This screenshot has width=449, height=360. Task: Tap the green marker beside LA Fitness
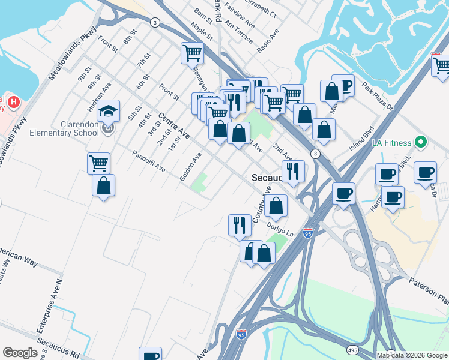pos(421,143)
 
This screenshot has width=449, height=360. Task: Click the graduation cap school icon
pos(109,111)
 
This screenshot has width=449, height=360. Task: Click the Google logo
pos(20,353)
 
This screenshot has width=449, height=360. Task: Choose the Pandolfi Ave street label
pos(149,161)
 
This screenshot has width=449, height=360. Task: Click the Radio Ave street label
pos(268,40)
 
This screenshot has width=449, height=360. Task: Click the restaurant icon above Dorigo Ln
pos(240,224)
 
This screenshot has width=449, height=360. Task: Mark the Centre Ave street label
pos(174,125)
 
